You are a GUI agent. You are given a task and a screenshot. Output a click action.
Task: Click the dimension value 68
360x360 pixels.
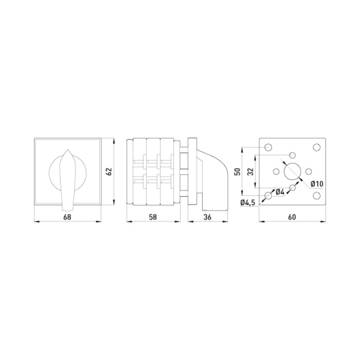(x=67, y=217)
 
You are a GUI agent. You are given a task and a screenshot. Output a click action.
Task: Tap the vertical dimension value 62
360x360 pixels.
(x=109, y=171)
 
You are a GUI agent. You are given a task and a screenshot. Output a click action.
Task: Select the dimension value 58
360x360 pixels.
(x=153, y=217)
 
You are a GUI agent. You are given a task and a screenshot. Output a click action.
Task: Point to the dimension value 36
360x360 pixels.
(x=207, y=217)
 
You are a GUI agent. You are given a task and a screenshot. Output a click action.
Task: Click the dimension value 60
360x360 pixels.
(x=292, y=217)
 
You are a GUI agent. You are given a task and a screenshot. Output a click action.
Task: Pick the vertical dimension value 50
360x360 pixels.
(x=238, y=171)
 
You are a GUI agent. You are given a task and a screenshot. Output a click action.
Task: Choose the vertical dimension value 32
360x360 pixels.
(x=251, y=171)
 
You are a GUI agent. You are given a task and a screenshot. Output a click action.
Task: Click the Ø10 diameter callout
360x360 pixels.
(x=317, y=184)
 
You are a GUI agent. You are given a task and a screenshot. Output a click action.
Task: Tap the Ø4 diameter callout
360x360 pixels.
(x=279, y=191)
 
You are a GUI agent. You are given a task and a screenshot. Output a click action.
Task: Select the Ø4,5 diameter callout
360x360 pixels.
(x=248, y=203)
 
